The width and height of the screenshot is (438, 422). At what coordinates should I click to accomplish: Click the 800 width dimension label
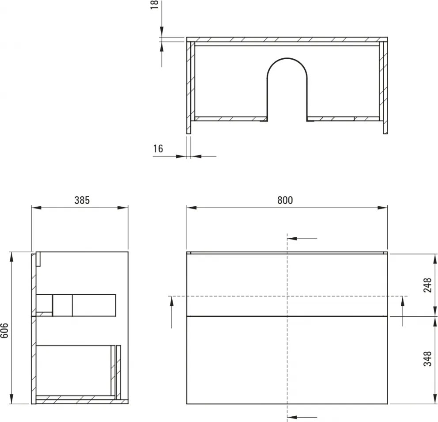coord(285,200)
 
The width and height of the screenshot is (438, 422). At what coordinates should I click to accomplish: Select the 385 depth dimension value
coord(82,200)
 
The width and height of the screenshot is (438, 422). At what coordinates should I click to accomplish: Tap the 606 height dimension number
coord(5,329)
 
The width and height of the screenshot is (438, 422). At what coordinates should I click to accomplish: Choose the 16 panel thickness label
coord(158,148)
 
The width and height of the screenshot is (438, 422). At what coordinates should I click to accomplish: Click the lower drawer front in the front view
coord(287,360)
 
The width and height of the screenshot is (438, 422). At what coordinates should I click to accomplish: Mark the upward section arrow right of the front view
coord(402,312)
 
